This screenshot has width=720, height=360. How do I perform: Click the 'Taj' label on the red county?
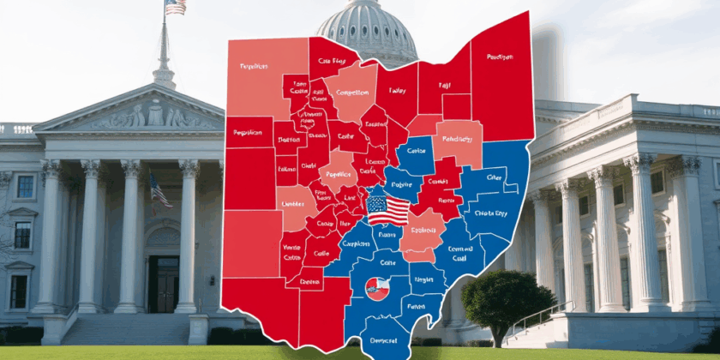pyautogui.click(x=444, y=86)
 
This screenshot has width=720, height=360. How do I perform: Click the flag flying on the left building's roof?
pyautogui.click(x=176, y=7)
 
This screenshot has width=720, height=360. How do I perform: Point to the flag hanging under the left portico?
pyautogui.click(x=159, y=190)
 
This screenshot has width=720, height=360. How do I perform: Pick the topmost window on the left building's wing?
pyautogui.click(x=25, y=186)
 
